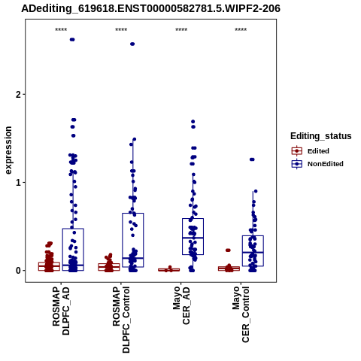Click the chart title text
tap(150, 8)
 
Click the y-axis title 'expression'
tap(8, 150)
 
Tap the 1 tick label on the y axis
tap(19, 183)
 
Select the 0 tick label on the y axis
tap(19, 271)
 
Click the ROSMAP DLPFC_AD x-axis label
tap(61, 311)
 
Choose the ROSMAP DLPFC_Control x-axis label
tap(121, 320)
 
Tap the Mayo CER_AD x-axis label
tap(181, 305)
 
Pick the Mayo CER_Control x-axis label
tap(241, 314)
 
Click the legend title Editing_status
tap(321, 136)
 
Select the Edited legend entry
tap(311, 151)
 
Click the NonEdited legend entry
tap(317, 164)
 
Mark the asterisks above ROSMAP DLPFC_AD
tap(61, 30)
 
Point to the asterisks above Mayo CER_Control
tap(241, 30)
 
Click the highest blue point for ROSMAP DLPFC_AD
tap(72, 40)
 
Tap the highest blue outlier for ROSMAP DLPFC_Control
tap(132, 44)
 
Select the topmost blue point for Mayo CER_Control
tap(252, 159)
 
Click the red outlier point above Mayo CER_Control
tap(228, 250)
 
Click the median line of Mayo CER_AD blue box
tap(193, 238)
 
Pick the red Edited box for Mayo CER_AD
tap(168, 270)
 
